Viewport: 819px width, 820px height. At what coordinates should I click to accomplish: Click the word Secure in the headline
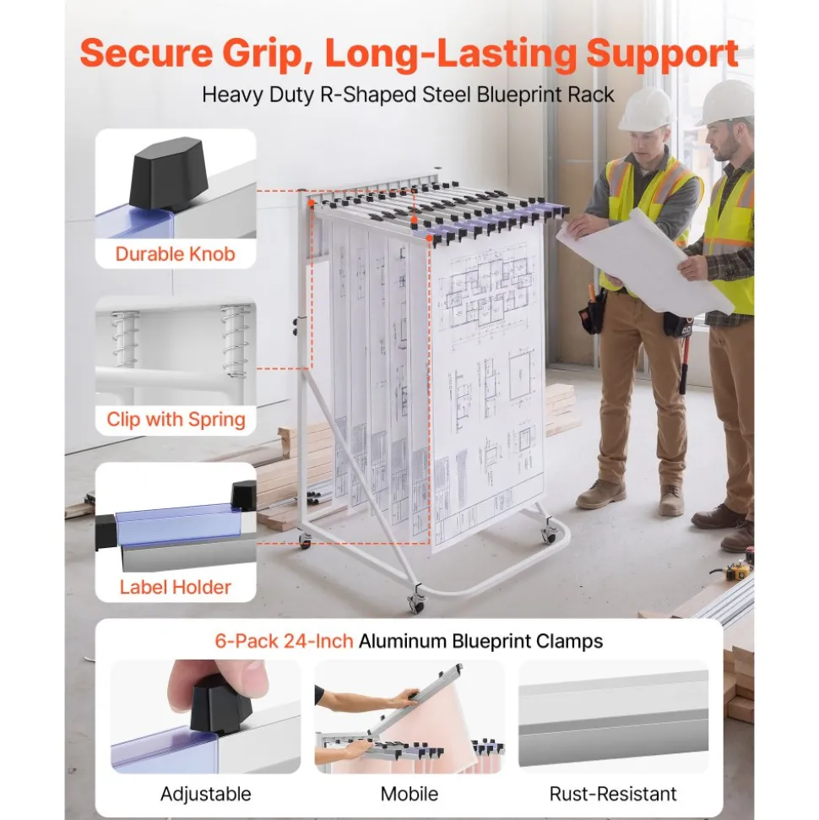click(x=146, y=53)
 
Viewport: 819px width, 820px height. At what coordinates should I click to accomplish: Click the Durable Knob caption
click(x=176, y=254)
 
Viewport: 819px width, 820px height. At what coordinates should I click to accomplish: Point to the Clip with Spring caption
click(x=176, y=420)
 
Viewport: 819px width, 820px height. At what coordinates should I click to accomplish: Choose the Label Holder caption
click(x=176, y=587)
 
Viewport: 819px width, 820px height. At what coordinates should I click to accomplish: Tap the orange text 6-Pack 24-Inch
click(x=284, y=641)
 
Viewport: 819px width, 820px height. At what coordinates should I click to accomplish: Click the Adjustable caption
click(x=205, y=794)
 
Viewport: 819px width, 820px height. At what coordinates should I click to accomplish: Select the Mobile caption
click(x=409, y=794)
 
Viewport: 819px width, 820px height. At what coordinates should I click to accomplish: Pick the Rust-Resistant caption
click(x=613, y=794)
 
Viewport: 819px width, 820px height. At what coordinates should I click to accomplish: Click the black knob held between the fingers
click(x=220, y=703)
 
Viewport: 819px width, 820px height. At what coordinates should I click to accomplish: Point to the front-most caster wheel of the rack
click(x=417, y=603)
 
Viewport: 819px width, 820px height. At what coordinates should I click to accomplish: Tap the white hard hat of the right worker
click(x=727, y=102)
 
